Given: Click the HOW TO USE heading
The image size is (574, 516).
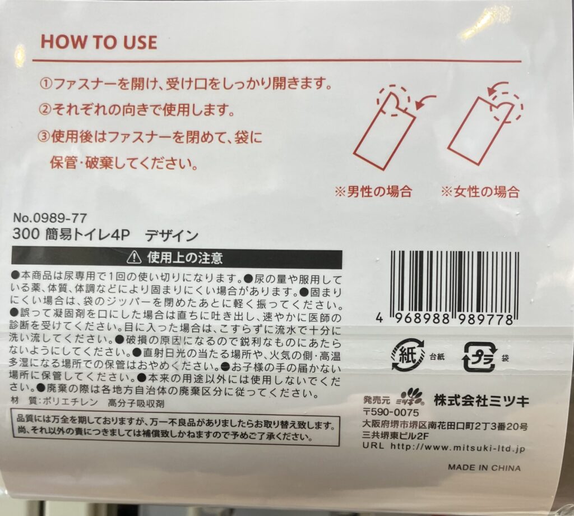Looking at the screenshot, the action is coord(99,42).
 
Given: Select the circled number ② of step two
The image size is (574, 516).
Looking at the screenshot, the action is coord(45,109).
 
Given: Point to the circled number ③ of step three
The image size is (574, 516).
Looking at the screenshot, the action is coord(44,137).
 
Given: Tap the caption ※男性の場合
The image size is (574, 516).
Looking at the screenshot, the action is coord(373,191).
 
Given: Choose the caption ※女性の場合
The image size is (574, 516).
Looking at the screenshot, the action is coord(480,191).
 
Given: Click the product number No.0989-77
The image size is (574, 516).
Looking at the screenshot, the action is coord(50,218).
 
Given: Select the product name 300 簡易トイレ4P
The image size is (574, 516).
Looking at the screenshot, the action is coord(71,235).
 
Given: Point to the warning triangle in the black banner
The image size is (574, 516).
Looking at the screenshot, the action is coord(134,258).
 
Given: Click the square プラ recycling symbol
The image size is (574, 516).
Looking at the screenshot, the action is coord(480,357).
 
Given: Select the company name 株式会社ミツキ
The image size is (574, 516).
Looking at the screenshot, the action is coord(482,401).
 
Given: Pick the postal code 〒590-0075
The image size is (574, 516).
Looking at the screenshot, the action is coord(391,413).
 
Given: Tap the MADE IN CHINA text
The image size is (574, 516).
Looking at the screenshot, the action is coord(484,468).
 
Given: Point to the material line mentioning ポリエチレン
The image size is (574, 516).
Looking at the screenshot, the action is coord(88,403).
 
